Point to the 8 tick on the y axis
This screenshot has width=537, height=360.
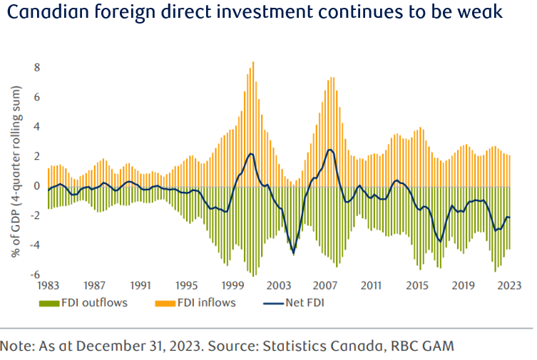(x=37, y=68)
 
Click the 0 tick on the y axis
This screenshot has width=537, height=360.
(x=37, y=186)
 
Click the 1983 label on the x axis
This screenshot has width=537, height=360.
(x=48, y=285)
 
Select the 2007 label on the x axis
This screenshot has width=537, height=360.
(x=326, y=285)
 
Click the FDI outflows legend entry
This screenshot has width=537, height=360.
(x=85, y=302)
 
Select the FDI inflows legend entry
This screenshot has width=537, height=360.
(x=195, y=302)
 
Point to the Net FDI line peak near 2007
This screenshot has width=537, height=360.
(x=329, y=150)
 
